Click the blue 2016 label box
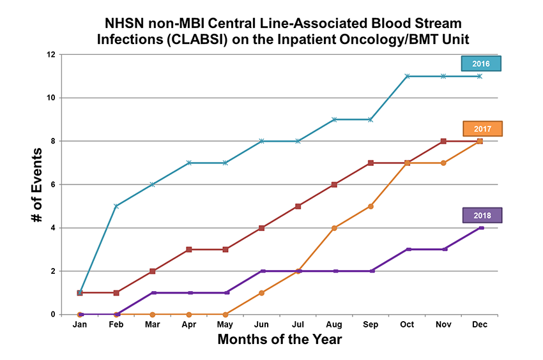481,64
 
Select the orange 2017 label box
484,129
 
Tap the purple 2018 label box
484,215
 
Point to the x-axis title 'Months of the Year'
280,340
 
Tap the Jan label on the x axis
80,324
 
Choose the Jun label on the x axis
262,324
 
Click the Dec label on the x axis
480,324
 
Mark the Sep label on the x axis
371,324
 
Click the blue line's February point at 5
116,206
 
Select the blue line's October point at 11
408,76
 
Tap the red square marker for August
335,184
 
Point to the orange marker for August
335,228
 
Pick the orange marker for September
371,206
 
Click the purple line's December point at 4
480,228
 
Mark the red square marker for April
189,250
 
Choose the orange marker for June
262,293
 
